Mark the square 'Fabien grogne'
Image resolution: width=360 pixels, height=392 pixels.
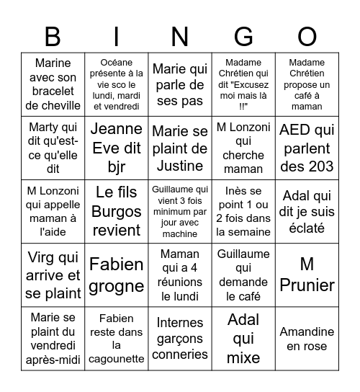tap(117, 275)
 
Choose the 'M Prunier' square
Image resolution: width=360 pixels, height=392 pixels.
tap(307, 275)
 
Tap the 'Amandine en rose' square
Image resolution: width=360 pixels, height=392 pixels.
tap(307, 339)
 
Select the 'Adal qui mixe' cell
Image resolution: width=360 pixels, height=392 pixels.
tap(243, 339)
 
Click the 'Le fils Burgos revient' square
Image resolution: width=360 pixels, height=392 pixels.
tap(117, 211)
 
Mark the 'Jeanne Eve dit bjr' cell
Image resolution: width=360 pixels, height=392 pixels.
tap(117, 148)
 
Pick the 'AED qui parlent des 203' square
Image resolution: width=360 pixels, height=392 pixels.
tap(307, 148)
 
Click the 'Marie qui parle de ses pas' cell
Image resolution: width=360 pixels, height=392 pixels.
tap(180, 85)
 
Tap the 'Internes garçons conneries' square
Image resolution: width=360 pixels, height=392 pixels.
tap(180, 339)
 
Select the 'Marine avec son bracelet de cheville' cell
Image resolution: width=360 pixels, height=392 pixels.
tap(53, 85)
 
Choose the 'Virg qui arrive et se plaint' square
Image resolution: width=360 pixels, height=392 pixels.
tap(53, 275)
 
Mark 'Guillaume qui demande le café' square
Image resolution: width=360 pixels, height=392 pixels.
tap(243, 275)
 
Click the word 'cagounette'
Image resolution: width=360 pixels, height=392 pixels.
tap(117, 358)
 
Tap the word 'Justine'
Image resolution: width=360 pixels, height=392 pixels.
tap(180, 166)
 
